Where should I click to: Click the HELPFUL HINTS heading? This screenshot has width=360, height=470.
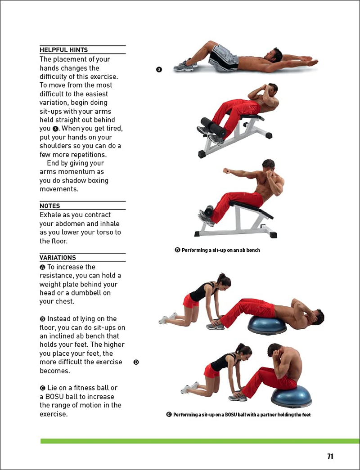tap(63, 50)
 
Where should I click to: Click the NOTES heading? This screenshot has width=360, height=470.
tap(49, 206)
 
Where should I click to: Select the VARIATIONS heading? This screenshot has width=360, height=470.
tap(58, 258)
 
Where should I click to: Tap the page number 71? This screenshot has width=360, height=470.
tap(330, 457)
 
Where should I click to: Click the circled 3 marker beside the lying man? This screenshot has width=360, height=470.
tap(159, 69)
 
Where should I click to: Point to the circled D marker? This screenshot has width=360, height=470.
tap(136, 362)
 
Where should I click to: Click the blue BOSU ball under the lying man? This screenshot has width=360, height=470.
tap(267, 325)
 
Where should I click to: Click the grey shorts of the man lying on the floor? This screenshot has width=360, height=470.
tap(224, 58)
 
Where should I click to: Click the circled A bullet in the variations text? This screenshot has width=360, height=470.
tap(43, 267)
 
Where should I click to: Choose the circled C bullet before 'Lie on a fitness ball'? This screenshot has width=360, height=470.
tap(43, 388)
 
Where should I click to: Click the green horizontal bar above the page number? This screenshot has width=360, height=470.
tap(200, 441)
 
